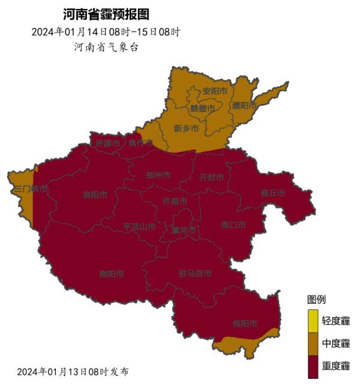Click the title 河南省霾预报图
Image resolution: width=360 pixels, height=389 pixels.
click(106, 14)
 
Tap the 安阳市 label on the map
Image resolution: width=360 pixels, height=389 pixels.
click(215, 92)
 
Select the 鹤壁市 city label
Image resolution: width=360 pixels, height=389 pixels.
click(202, 108)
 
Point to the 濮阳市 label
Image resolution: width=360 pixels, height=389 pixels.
click(244, 105)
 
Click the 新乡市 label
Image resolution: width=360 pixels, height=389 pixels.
click(186, 128)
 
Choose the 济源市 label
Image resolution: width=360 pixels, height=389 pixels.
click(108, 144)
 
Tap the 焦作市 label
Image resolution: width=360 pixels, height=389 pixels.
click(140, 143)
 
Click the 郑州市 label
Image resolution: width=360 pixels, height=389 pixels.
click(158, 176)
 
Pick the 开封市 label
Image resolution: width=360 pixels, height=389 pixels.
click(211, 177)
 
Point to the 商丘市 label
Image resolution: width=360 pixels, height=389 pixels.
click(272, 194)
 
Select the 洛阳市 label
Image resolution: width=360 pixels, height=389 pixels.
click(95, 195)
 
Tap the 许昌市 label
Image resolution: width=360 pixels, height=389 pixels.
click(175, 202)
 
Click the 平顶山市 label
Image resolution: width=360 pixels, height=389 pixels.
click(139, 227)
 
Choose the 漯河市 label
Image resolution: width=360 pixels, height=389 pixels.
click(184, 231)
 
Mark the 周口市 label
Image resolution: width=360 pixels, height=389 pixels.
click(233, 225)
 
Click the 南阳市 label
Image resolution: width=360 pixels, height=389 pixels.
click(112, 274)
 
